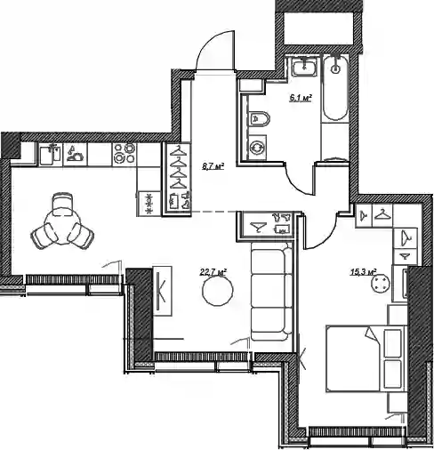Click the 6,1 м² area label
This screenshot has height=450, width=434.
pos(301,98)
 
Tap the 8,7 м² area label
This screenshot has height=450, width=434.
pos(213,166)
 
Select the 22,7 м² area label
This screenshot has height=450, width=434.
pos(213,272)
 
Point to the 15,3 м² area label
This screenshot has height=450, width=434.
pos(364,272)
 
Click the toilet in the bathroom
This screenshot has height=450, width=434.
pos(259,119)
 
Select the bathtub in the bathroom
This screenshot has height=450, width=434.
pos(335,88)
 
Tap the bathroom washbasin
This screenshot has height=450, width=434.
pos(304,67)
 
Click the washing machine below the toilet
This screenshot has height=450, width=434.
pos(257,148)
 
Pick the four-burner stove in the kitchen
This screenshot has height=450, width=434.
pos(125,154)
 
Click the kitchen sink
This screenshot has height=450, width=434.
pos(51,154)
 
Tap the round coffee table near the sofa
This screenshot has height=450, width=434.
pos(218,290)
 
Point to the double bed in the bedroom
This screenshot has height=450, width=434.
pos(366,358)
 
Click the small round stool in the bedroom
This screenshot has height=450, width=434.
pos(380,284)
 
